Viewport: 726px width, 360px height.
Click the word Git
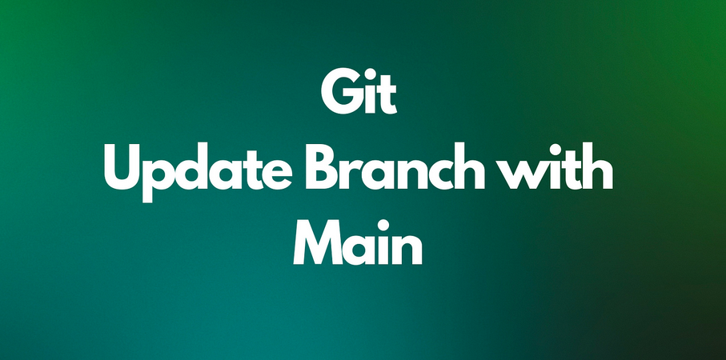pos(359,93)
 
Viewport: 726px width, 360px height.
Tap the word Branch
pos(395,166)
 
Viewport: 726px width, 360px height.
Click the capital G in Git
pos(340,93)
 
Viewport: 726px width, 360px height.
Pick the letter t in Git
pos(388,96)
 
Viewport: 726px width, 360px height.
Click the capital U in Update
pos(122,167)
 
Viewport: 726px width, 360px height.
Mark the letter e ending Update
pos(276,174)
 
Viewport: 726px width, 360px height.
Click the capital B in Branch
pos(322,167)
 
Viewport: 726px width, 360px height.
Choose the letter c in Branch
pos(435,174)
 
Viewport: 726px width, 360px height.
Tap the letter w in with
pos(521,174)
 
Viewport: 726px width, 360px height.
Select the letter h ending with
pos(598,166)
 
